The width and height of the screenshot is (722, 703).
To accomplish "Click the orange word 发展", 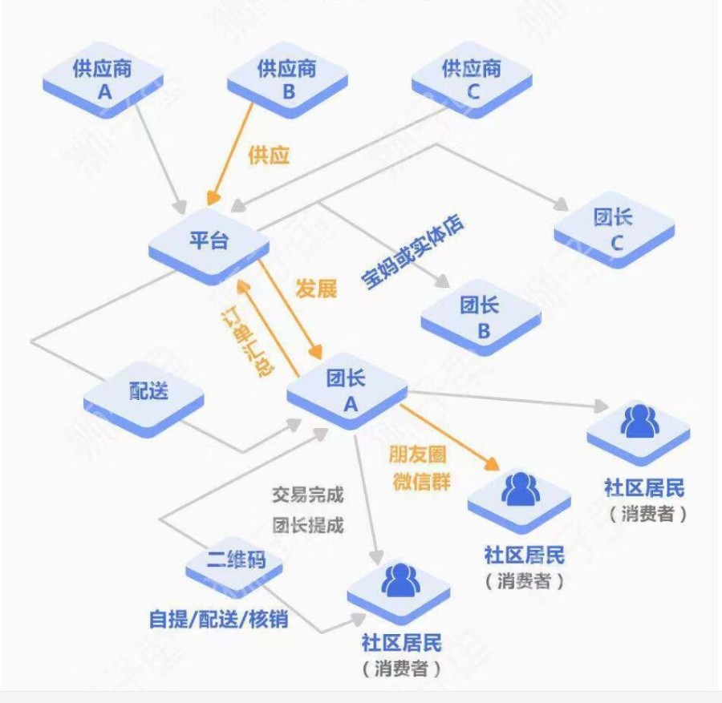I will click(316, 289).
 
